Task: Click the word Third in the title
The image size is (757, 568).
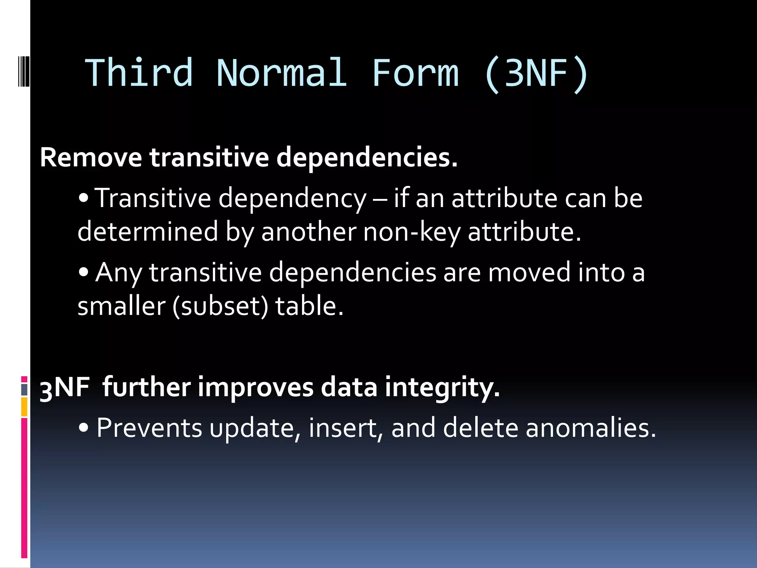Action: [x=139, y=73]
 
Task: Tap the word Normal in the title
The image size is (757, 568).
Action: [x=282, y=73]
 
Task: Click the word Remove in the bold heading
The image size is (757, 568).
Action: [x=91, y=158]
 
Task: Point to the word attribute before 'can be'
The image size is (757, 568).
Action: [x=504, y=199]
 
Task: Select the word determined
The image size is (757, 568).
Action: [x=148, y=231]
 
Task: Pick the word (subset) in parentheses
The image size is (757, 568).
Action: [x=220, y=306]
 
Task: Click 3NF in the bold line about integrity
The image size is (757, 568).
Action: [x=65, y=388]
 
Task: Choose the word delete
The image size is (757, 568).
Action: [x=481, y=428]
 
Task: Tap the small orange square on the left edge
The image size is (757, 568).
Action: [x=24, y=407]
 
